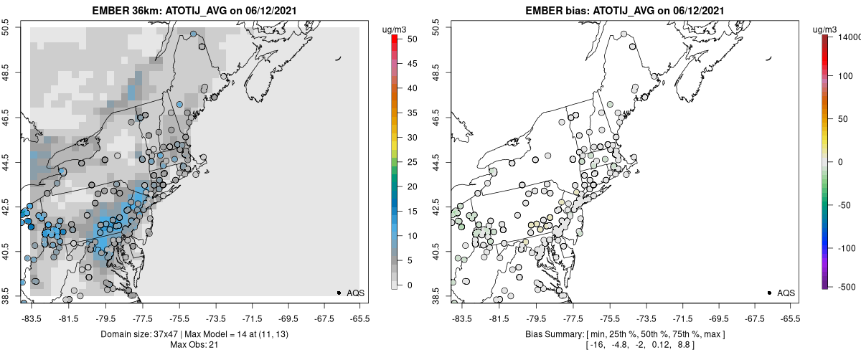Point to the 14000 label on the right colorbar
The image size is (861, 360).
(x=845, y=36)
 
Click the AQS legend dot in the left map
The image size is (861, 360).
(x=339, y=293)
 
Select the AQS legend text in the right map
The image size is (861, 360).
(x=786, y=293)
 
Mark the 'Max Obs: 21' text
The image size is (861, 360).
(x=194, y=345)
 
